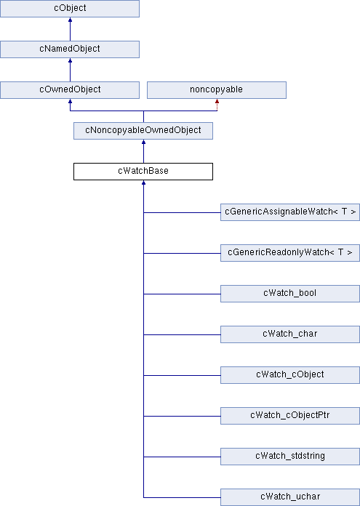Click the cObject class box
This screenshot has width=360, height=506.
click(70, 9)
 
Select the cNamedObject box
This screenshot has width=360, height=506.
click(70, 49)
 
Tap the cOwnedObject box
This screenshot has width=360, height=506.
click(70, 90)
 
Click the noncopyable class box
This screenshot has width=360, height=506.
click(217, 90)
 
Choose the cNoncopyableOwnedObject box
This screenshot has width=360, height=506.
click(143, 131)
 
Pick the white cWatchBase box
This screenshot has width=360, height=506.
click(143, 172)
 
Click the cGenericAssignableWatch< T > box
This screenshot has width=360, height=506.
click(290, 212)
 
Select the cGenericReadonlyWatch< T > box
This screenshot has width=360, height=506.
click(290, 253)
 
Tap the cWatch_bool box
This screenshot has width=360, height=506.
click(290, 293)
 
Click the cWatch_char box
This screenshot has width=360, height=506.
click(290, 334)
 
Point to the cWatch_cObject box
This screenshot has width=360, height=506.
click(290, 374)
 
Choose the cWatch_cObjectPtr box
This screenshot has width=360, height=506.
click(290, 415)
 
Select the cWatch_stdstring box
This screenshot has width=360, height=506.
click(290, 456)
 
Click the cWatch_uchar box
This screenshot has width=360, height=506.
click(290, 497)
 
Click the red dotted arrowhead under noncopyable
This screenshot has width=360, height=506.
click(217, 101)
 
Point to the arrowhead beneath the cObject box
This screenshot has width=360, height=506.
click(70, 20)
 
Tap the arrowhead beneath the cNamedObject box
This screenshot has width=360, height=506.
click(70, 60)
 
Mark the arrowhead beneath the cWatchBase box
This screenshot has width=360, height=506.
click(144, 182)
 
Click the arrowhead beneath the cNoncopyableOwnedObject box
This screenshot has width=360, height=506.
click(144, 142)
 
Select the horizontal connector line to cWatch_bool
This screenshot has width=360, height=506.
click(182, 294)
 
